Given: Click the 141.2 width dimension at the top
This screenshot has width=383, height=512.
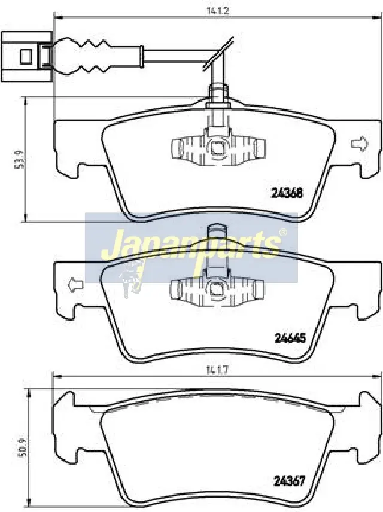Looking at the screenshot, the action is (217, 10).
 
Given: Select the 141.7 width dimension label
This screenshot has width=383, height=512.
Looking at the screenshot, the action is (217, 370).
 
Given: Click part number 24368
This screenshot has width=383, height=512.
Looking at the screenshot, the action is (287, 193).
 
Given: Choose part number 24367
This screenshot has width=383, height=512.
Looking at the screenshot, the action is (289, 481).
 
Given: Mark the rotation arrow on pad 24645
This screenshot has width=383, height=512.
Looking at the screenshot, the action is (75, 284).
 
